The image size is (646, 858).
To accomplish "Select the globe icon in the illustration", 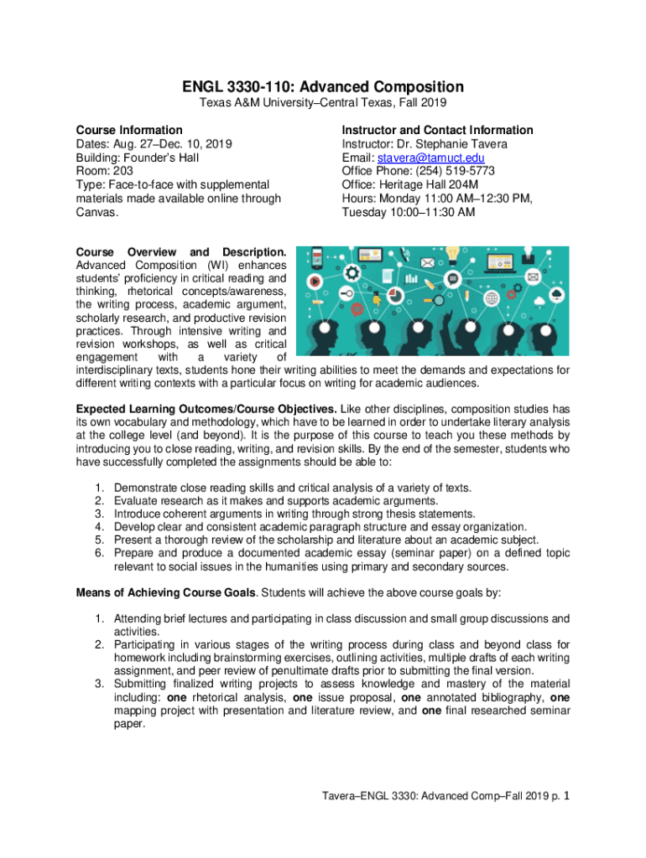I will (x=491, y=297).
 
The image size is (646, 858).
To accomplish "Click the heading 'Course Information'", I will (x=129, y=130).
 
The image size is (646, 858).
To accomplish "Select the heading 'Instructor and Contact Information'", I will (x=437, y=130).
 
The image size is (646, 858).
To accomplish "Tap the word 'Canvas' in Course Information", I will (x=95, y=212).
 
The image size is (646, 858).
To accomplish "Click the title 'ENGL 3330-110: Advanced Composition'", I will (x=323, y=86).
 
